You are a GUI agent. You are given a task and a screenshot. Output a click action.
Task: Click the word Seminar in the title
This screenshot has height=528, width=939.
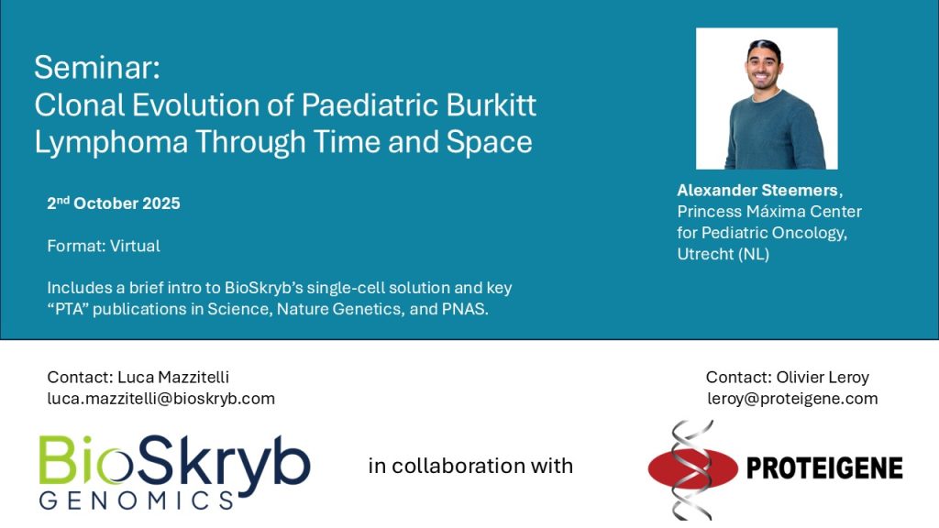tap(95, 67)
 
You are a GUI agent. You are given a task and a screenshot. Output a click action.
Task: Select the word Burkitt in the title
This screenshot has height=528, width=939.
tap(491, 104)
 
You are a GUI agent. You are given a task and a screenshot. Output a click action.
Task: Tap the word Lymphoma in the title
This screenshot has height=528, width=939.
tap(111, 142)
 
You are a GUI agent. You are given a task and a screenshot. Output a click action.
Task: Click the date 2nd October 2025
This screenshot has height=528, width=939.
tap(113, 203)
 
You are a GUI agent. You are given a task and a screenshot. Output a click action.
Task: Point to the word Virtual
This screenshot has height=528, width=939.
tap(135, 246)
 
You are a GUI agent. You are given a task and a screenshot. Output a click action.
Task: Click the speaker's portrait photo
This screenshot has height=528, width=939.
tap(767, 99)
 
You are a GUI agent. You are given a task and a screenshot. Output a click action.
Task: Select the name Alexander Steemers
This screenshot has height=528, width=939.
tap(757, 191)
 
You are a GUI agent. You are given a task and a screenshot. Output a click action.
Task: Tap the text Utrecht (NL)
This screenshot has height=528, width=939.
tap(723, 254)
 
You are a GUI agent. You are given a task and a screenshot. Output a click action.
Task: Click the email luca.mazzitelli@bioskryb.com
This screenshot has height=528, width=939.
tap(161, 399)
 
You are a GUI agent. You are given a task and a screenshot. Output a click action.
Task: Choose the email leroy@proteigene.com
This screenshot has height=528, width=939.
tap(792, 399)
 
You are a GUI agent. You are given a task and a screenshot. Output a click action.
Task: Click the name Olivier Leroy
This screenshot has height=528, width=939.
tap(823, 377)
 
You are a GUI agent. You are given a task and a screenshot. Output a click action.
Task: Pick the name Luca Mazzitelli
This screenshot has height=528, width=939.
tap(173, 377)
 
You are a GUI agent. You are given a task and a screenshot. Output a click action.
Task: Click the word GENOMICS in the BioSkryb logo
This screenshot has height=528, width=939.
tap(137, 500)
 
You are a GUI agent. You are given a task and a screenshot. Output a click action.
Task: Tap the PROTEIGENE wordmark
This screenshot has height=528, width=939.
tap(824, 468)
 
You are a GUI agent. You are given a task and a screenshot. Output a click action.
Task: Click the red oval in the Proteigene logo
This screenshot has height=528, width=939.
tap(693, 468)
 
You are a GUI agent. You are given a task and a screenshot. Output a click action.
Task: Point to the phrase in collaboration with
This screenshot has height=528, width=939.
tap(470, 466)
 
